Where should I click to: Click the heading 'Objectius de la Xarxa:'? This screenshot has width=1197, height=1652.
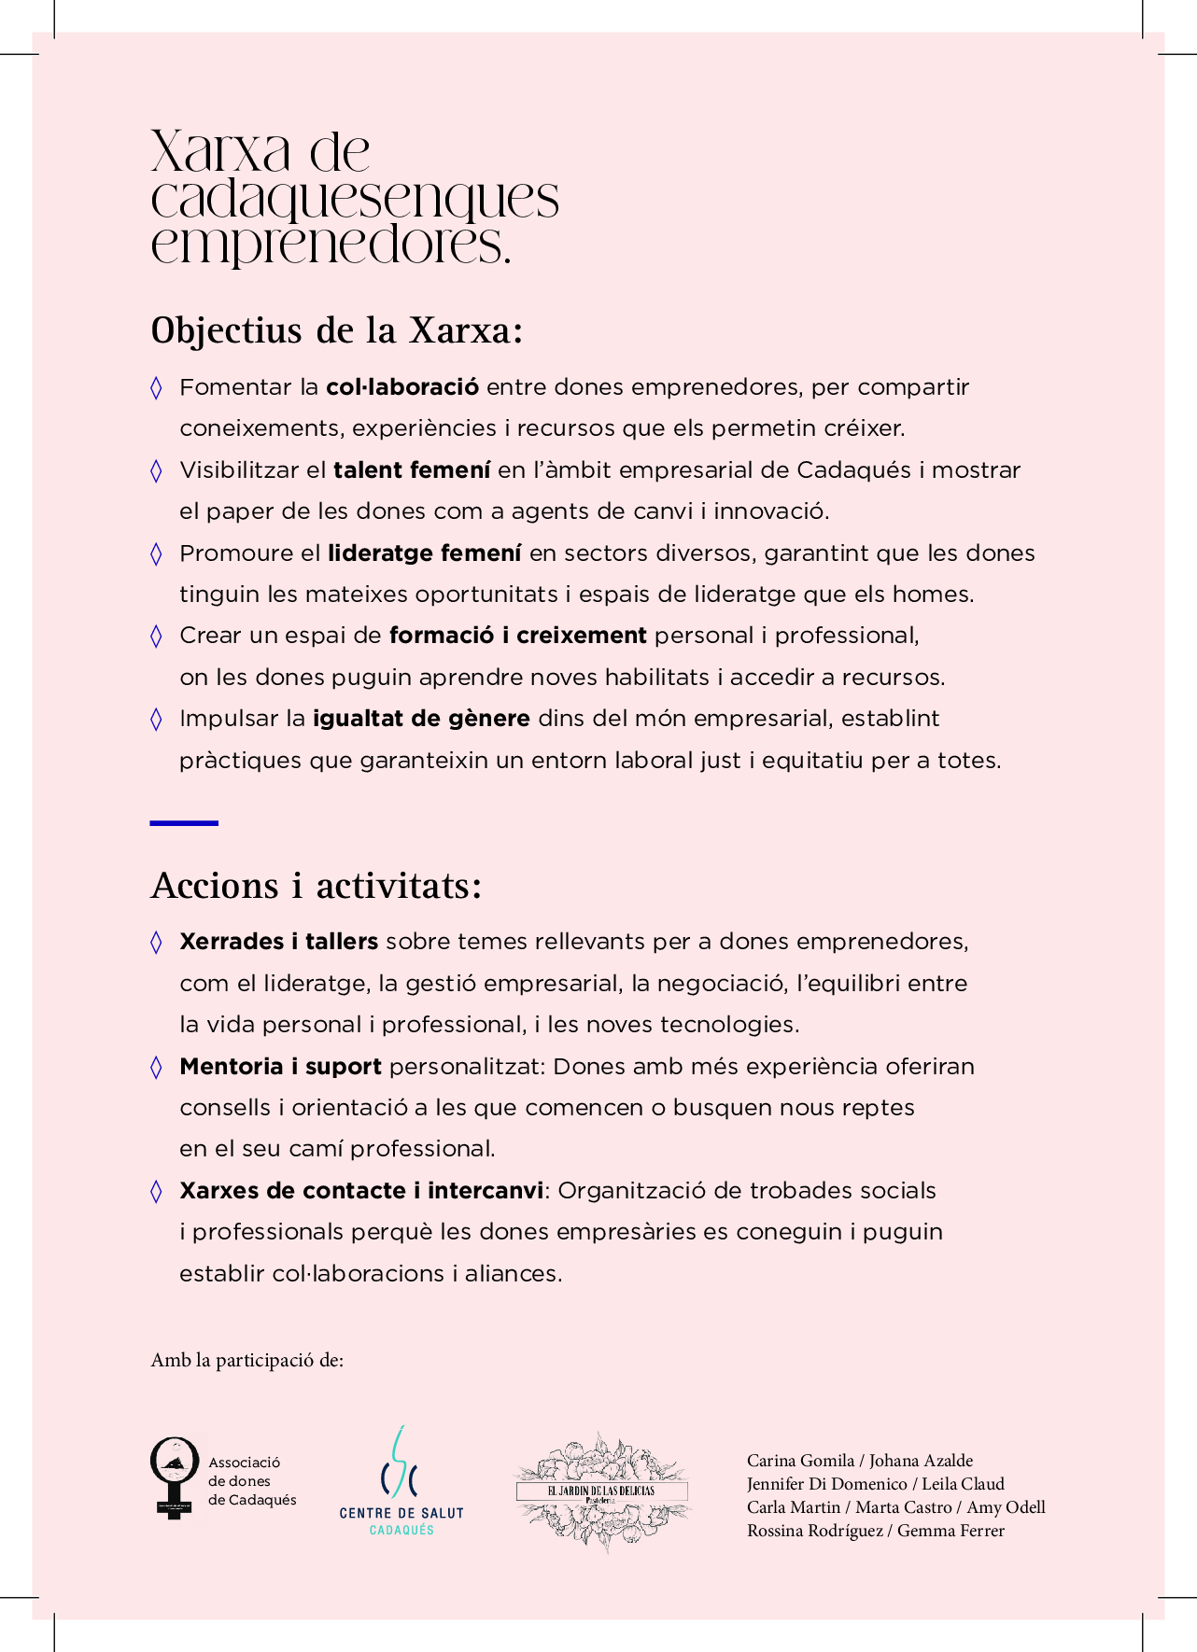[336, 331]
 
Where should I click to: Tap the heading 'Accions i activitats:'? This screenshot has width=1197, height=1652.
[317, 886]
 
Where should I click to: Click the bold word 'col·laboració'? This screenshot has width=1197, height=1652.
[402, 387]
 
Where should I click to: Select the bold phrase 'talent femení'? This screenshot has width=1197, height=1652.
[412, 470]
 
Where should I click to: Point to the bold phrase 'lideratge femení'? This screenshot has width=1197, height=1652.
[424, 553]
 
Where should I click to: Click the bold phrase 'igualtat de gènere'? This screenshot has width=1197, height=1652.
[421, 719]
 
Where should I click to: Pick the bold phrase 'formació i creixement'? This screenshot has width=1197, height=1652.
[517, 636]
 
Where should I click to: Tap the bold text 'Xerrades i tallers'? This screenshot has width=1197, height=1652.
[278, 942]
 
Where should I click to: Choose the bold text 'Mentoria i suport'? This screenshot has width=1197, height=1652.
[280, 1067]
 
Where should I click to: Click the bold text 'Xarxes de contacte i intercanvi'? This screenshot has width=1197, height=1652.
[361, 1191]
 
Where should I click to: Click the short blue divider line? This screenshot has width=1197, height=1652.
[184, 823]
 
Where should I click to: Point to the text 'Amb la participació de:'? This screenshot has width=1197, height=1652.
[247, 1360]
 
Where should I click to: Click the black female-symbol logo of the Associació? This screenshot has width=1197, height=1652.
[175, 1477]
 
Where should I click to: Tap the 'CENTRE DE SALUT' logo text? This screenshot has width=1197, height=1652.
[401, 1513]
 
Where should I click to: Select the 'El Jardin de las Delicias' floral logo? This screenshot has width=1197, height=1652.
[602, 1491]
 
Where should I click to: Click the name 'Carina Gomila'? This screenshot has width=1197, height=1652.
[800, 1461]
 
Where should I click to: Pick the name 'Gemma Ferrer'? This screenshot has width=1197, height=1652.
[951, 1531]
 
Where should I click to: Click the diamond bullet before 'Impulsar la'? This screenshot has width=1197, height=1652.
[156, 719]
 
